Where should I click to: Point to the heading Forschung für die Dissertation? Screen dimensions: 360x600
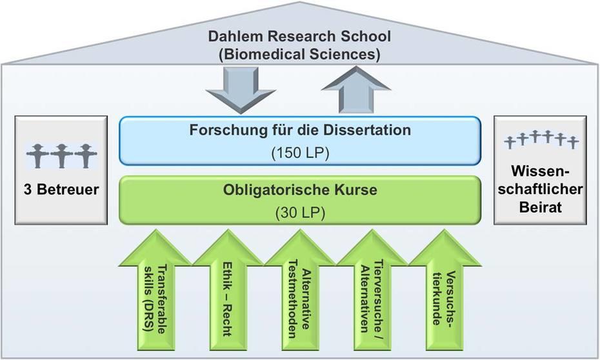coord(299,130)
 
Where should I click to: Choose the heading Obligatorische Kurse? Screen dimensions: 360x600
coord(299,190)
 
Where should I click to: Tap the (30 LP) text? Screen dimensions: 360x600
coord(299,212)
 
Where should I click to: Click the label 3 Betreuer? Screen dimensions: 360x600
coord(61,190)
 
